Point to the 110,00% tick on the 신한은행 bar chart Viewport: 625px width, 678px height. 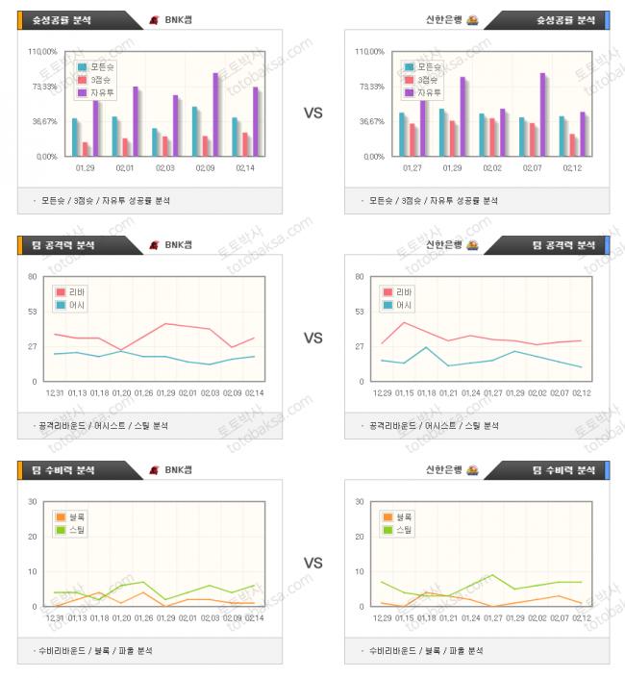[369, 52]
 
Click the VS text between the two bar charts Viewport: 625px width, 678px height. [312, 113]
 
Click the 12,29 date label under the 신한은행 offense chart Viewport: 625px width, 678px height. [381, 392]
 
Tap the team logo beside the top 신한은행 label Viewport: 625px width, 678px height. [472, 20]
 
